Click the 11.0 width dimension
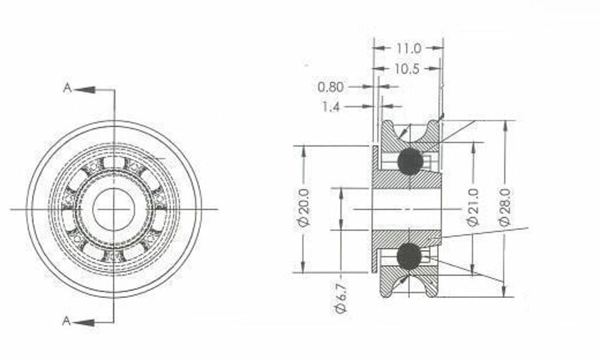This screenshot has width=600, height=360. (x=408, y=47)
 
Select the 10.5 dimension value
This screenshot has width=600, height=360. (x=406, y=69)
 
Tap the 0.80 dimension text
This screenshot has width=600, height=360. (x=330, y=87)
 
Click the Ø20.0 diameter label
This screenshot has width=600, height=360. (x=304, y=208)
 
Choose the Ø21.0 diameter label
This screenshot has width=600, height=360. (x=473, y=207)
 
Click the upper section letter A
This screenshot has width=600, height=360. (x=67, y=89)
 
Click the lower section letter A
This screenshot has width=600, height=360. (x=67, y=321)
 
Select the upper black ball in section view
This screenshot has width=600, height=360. (x=410, y=161)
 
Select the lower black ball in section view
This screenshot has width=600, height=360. (x=409, y=256)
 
